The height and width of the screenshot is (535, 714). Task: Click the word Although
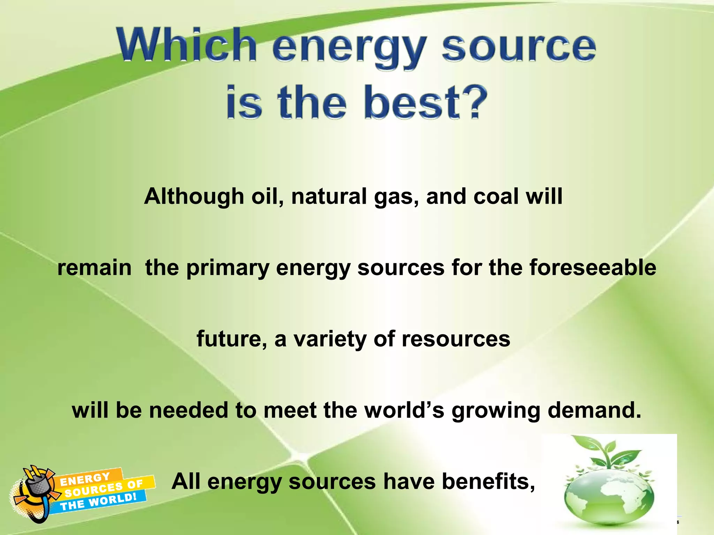[x=194, y=196]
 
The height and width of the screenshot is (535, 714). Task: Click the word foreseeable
[x=593, y=267]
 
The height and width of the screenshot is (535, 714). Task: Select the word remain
[x=94, y=267]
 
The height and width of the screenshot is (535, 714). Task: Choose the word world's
[x=404, y=410]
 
